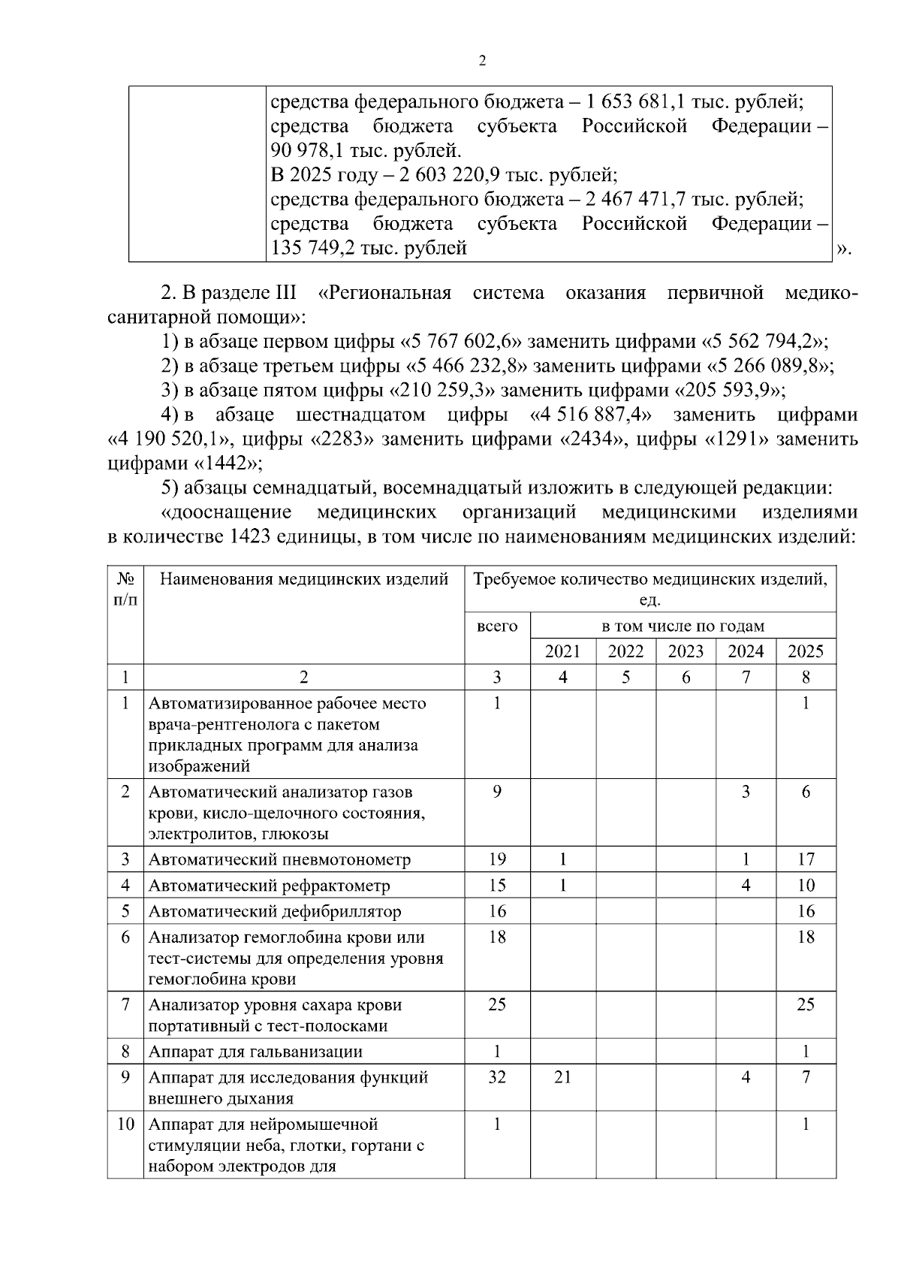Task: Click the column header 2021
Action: [562, 651]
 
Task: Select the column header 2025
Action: [806, 651]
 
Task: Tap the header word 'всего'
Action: [497, 626]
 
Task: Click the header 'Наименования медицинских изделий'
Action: [304, 579]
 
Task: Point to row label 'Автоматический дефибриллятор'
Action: [275, 911]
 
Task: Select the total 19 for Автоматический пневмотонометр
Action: [497, 859]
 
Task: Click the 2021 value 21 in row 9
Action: [562, 1077]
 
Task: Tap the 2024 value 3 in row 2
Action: [746, 792]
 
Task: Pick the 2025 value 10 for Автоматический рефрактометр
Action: [806, 885]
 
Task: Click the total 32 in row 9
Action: [497, 1077]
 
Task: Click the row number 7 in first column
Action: [125, 1004]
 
